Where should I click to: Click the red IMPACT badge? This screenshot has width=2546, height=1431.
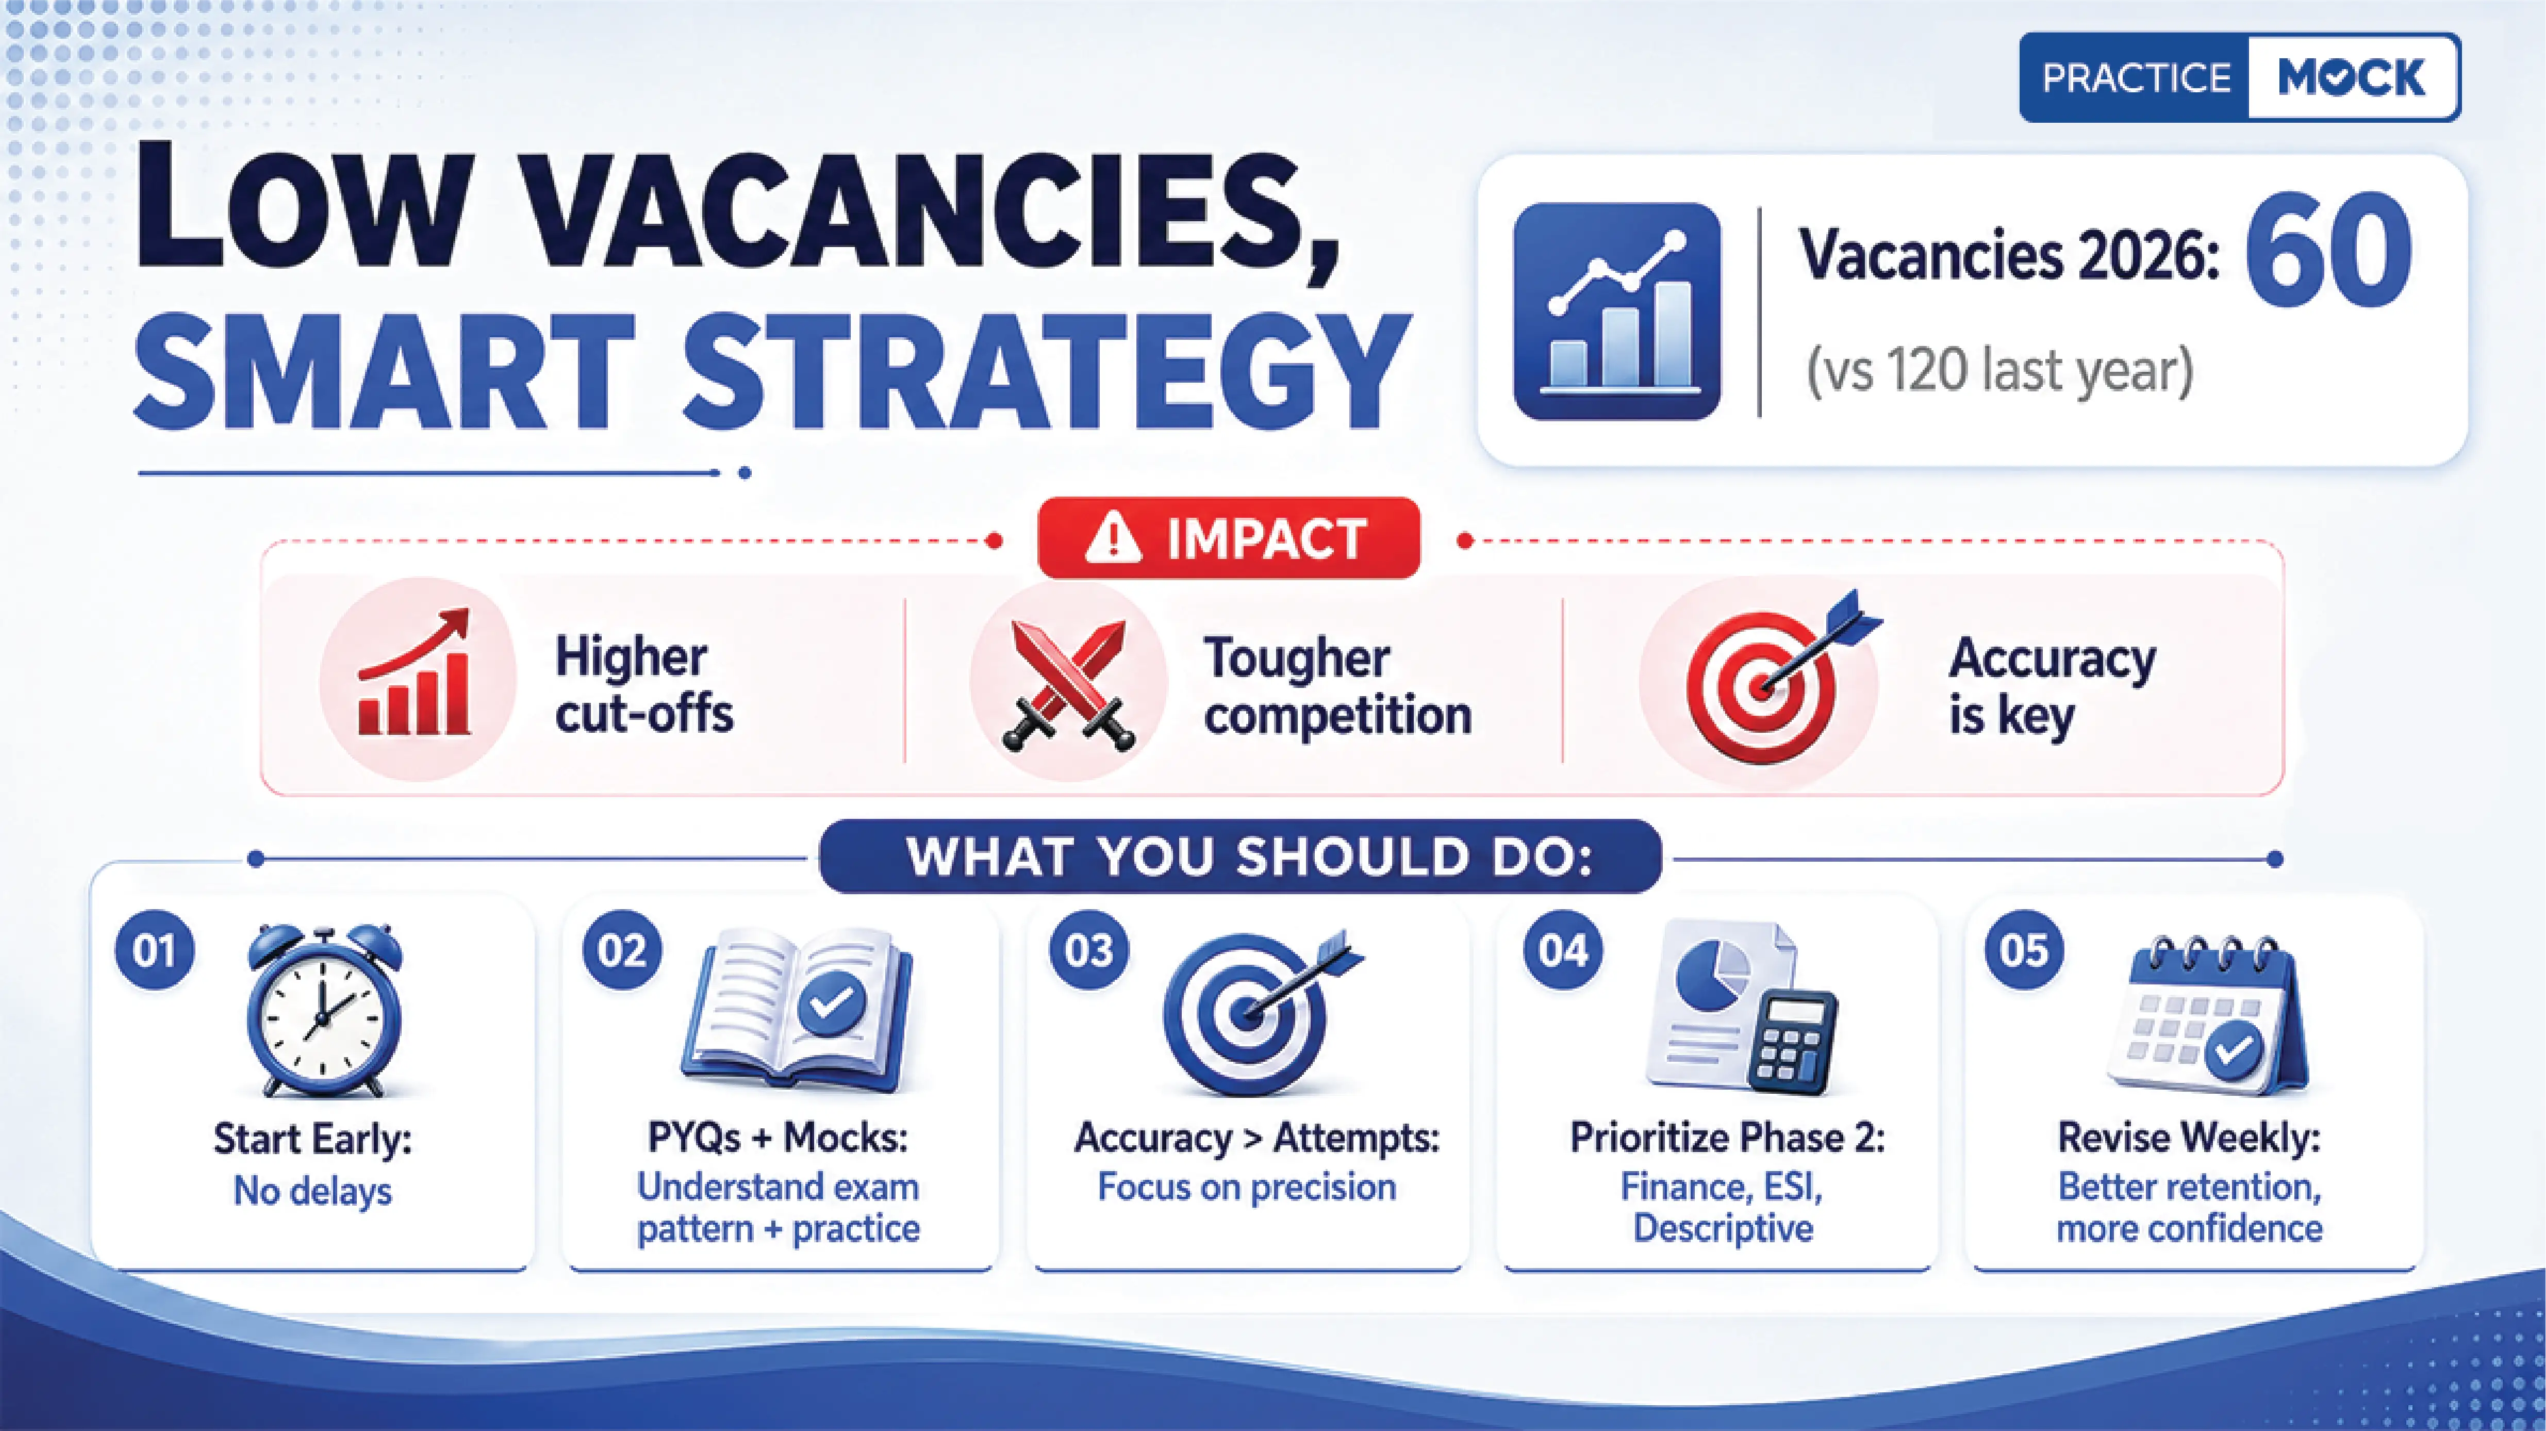point(1229,538)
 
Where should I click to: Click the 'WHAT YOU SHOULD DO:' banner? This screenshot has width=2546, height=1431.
point(1241,857)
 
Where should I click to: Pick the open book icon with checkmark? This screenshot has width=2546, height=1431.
point(796,1008)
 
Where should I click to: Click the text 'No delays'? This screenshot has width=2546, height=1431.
point(312,1191)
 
